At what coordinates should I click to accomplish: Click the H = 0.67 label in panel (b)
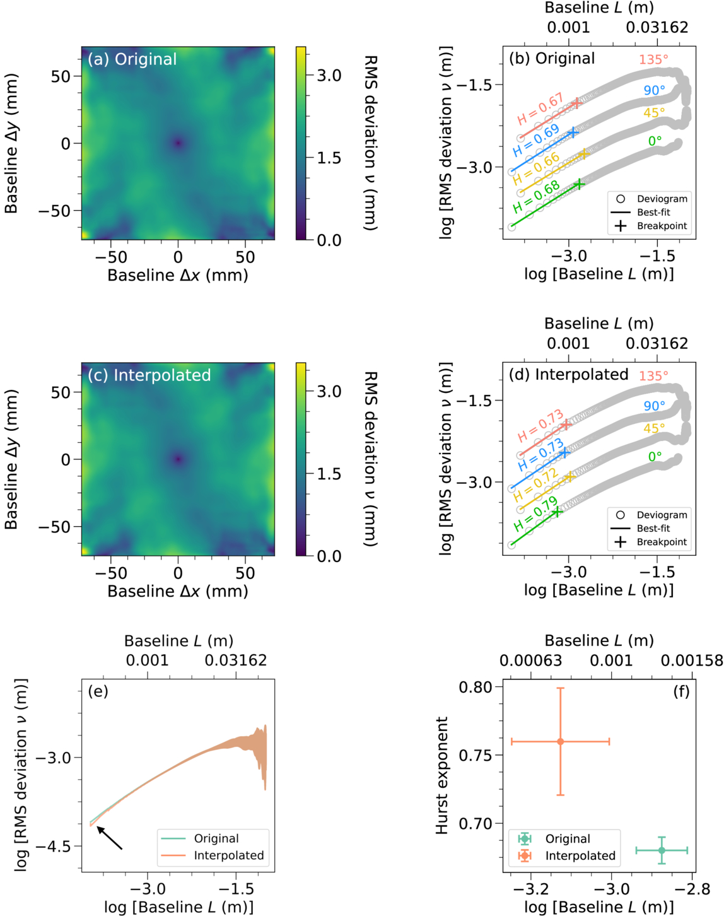pos(541,109)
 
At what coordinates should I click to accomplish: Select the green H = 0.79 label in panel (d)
pos(535,513)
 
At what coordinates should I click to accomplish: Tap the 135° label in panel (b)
pos(653,59)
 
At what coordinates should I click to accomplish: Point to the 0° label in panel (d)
pos(655,457)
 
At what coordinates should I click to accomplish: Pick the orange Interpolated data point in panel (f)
pos(560,742)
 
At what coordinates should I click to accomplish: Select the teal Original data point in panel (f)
pos(662,850)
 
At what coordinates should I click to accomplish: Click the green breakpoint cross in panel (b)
pos(579,184)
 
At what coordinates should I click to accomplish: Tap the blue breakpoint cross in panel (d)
pos(564,452)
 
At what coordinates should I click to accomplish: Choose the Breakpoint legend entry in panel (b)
pos(649,226)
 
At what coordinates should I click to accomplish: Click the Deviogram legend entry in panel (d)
pos(649,515)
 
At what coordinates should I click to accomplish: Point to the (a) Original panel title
pos(132,59)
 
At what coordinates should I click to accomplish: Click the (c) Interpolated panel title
pos(149,375)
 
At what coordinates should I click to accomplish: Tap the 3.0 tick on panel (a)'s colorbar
pos(329,76)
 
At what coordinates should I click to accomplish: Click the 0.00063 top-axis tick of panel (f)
pos(530,660)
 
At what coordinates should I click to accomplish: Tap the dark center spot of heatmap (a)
pos(178,143)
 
